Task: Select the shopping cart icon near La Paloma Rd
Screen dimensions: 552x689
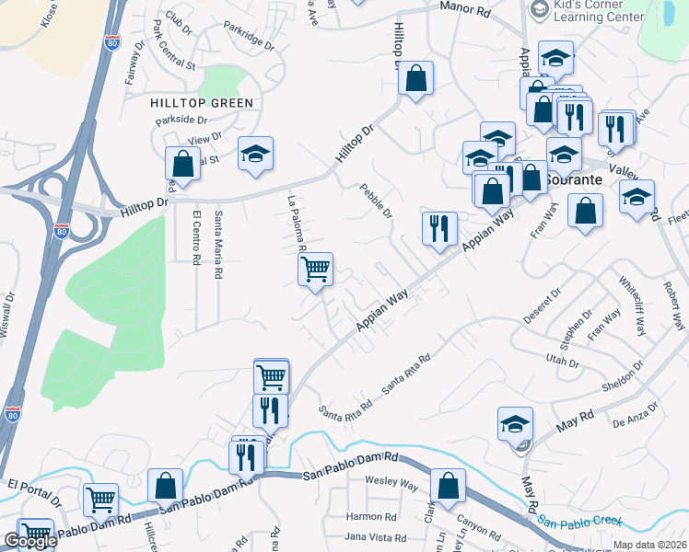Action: click(315, 270)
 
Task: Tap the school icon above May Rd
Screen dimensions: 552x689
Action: click(515, 424)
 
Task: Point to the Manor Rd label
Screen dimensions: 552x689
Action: click(465, 9)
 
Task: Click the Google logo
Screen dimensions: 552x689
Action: click(29, 542)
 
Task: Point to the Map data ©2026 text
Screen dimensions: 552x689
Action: click(649, 545)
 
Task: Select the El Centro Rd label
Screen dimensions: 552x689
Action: click(196, 237)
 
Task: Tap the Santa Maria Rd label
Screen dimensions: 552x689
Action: click(218, 245)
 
